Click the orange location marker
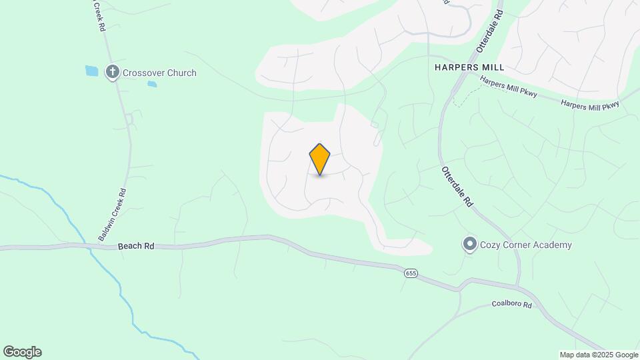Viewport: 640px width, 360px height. [320, 159]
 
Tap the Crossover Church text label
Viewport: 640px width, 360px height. [159, 73]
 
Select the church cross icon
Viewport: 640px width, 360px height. [113, 72]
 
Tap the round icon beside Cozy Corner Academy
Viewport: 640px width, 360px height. [470, 245]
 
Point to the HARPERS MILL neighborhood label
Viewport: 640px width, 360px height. [469, 68]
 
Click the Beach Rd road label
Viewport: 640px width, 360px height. [136, 246]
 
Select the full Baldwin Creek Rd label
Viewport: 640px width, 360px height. [112, 215]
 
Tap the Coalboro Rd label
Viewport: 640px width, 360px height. [512, 305]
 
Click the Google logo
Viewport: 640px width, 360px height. [22, 352]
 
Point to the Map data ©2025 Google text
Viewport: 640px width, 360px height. [599, 355]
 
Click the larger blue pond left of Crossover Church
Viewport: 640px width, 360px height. [91, 70]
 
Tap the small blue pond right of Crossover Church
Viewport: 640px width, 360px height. [152, 85]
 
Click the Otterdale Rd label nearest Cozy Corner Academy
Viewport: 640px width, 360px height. [457, 187]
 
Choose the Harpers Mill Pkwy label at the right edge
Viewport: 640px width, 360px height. [590, 105]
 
